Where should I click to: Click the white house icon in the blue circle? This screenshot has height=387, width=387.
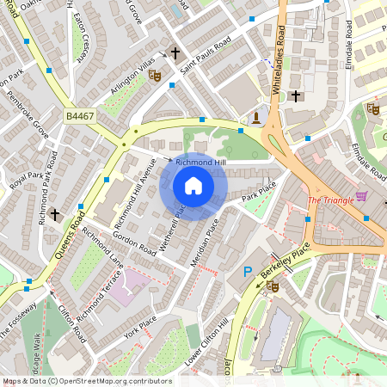tap(193, 185)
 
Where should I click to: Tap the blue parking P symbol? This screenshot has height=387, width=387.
tap(248, 272)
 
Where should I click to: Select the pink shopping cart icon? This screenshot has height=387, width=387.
tap(361, 196)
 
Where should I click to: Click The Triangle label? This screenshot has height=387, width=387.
tap(329, 201)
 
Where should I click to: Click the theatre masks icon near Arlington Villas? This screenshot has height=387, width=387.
tap(155, 76)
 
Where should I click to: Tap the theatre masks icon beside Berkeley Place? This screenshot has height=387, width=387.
tap(273, 286)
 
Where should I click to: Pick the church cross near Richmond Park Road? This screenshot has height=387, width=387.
tap(55, 213)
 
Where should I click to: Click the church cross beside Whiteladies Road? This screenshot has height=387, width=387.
tap(295, 95)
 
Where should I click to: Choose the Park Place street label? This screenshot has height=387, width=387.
tap(258, 191)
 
